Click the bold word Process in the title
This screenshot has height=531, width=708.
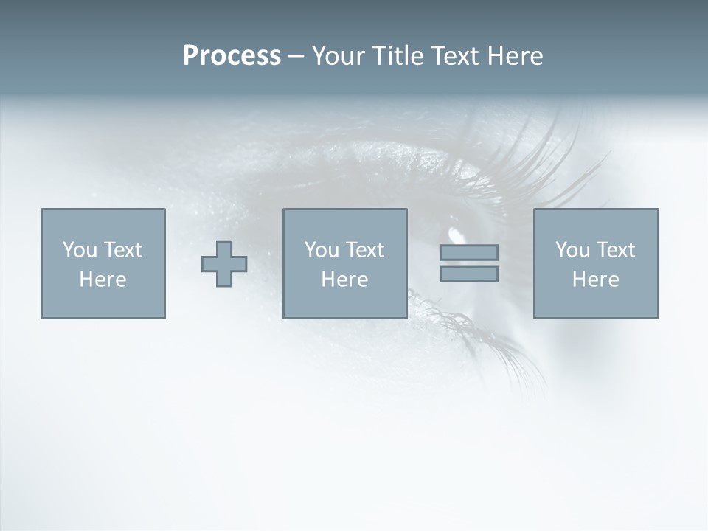tap(232, 56)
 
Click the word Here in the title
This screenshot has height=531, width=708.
tap(516, 56)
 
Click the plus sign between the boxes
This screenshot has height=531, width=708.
tap(224, 264)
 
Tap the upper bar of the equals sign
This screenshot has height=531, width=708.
tap(469, 252)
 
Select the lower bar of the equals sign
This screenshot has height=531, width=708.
tap(469, 274)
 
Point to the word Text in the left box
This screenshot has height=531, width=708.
tap(123, 250)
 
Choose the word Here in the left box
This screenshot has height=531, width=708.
tap(103, 280)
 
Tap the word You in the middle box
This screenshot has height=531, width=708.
tap(322, 250)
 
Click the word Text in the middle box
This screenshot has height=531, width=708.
tap(365, 250)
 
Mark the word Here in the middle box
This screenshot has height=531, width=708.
tap(344, 280)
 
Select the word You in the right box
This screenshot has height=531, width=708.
tap(573, 250)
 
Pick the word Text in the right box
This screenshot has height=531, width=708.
tap(616, 250)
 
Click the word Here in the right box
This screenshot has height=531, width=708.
tap(595, 280)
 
